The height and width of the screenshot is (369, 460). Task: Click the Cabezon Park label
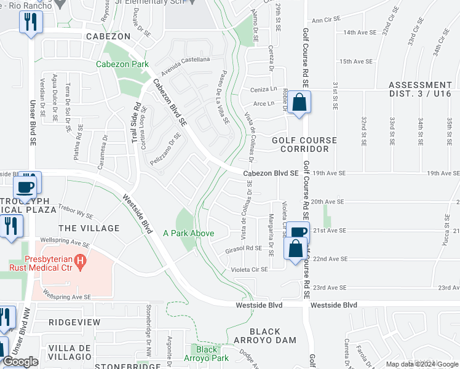coord(122,64)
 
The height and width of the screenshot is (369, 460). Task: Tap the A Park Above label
coord(188,233)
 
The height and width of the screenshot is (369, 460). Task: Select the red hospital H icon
coord(79,262)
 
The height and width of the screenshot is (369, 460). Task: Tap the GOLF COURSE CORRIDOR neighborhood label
coord(304,145)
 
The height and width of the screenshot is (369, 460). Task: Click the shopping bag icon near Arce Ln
coord(299,101)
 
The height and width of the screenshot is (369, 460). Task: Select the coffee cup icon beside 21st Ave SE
coord(298,232)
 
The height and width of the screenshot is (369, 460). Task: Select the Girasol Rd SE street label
coord(244,248)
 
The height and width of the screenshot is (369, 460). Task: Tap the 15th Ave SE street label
coord(357,61)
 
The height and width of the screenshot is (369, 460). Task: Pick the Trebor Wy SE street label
coord(75,212)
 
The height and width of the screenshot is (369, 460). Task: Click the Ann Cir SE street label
coord(326,20)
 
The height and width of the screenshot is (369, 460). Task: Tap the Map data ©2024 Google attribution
coord(421,364)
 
